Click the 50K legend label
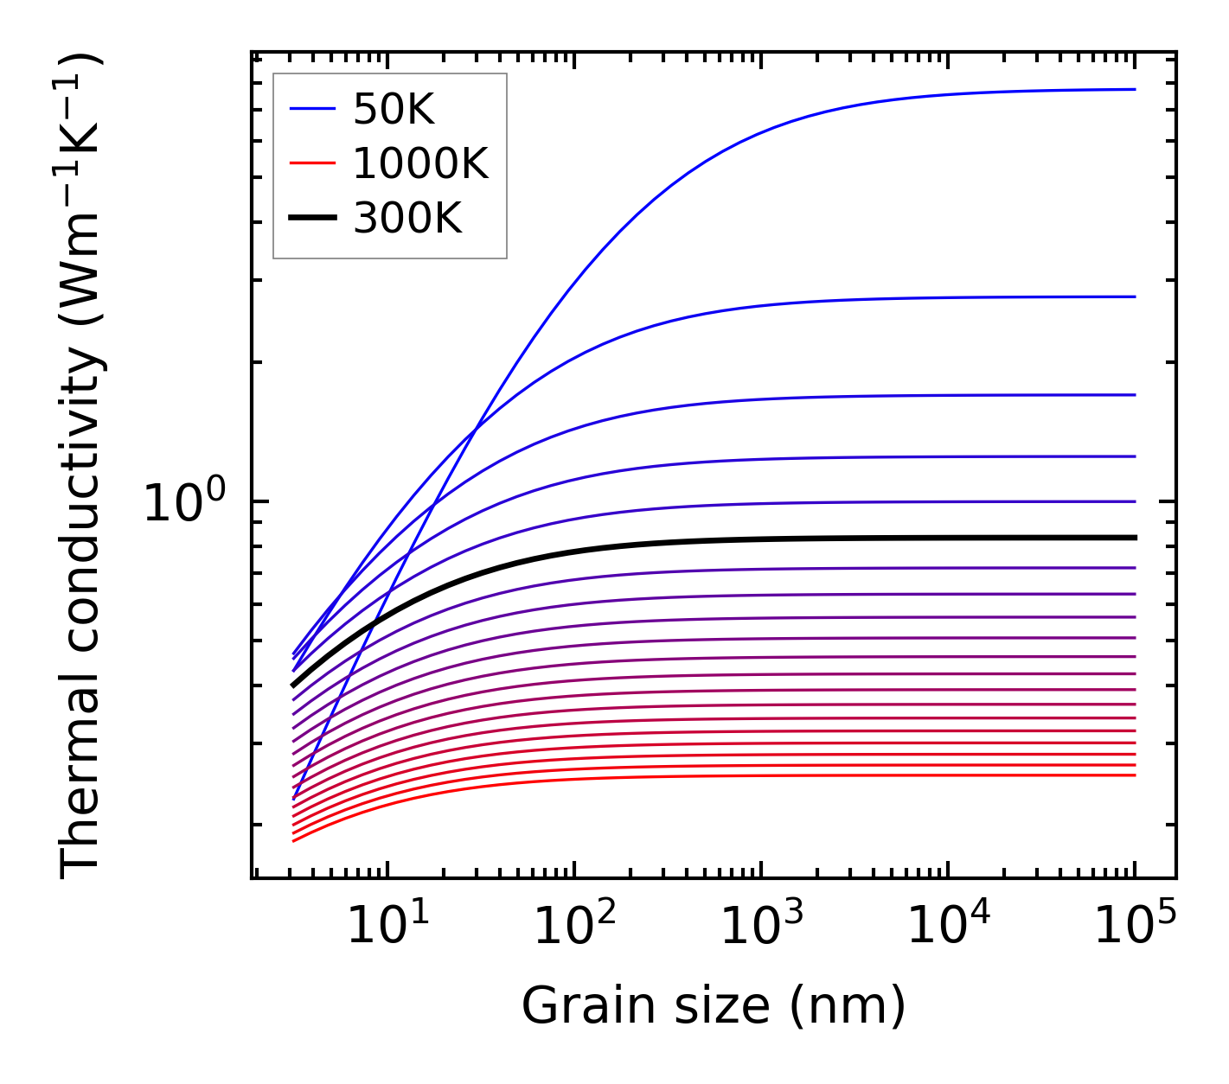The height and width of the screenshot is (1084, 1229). click(394, 110)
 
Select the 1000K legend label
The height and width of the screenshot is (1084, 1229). click(420, 163)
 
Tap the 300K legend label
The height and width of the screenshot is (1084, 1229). click(407, 219)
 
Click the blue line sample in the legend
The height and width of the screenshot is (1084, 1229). click(311, 109)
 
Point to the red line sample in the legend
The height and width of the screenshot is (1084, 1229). click(311, 163)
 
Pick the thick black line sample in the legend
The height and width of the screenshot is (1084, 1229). click(311, 219)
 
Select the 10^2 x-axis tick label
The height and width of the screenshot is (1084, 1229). click(574, 927)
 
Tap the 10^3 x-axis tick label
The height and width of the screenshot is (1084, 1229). click(761, 927)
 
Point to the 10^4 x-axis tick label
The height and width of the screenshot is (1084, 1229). click(948, 927)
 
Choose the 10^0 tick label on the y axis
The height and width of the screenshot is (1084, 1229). click(183, 503)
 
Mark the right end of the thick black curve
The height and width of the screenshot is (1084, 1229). click(1135, 538)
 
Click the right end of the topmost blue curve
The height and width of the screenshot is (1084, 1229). click(1135, 89)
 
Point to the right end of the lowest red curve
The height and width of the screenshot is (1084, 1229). click(1135, 775)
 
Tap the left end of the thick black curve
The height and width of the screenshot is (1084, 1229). click(293, 685)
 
